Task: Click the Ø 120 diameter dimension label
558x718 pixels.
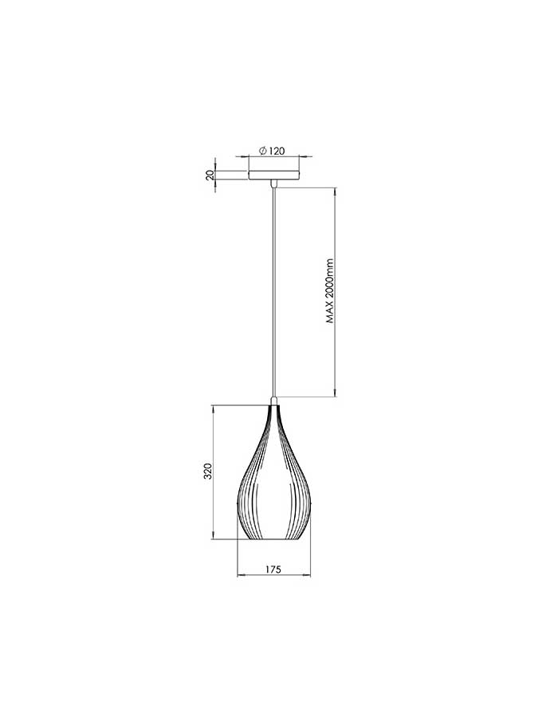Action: (272, 151)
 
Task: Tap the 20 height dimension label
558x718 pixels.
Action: (210, 175)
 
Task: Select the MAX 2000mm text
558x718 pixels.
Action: (331, 291)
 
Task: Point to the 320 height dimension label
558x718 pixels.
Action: (208, 471)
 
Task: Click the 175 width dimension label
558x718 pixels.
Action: (273, 569)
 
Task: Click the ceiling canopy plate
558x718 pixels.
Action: (274, 175)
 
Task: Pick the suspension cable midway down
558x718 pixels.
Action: (274, 292)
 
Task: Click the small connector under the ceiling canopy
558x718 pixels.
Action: (274, 183)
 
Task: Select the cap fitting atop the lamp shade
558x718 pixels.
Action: (274, 400)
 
